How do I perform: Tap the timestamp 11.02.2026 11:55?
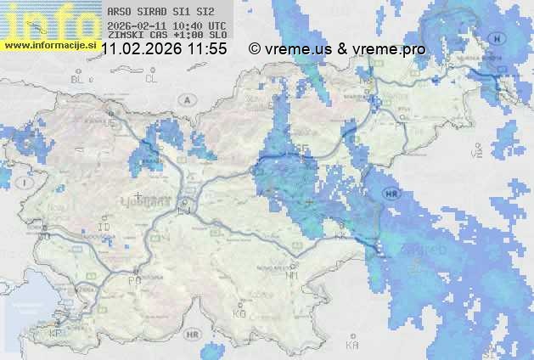pyautogui.click(x=164, y=49)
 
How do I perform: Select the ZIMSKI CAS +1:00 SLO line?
pyautogui.click(x=161, y=35)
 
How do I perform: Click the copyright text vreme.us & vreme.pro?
pyautogui.click(x=337, y=49)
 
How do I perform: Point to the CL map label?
pyautogui.click(x=152, y=79)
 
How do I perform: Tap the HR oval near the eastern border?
pyautogui.click(x=391, y=193)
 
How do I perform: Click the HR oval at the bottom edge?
pyautogui.click(x=194, y=349)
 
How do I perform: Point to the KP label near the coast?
pyautogui.click(x=56, y=334)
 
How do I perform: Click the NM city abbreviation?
pyautogui.click(x=293, y=275)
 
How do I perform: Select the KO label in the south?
pyautogui.click(x=239, y=313)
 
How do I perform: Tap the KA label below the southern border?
pyautogui.click(x=353, y=345)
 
